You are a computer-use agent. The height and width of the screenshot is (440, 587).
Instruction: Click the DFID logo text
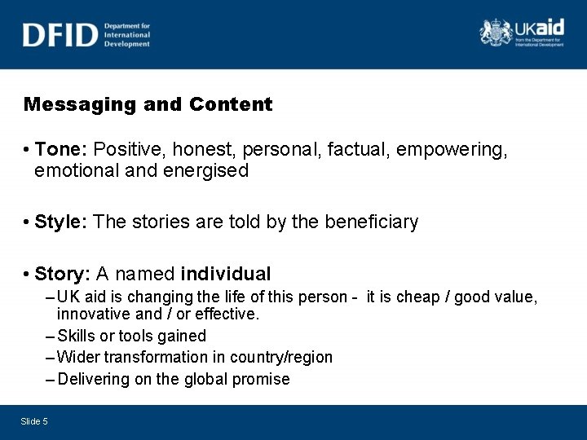click(60, 34)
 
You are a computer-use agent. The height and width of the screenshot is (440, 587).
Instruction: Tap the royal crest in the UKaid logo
click(495, 32)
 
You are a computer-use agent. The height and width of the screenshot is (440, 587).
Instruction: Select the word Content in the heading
click(231, 104)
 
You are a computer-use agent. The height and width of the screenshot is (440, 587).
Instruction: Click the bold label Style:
click(62, 222)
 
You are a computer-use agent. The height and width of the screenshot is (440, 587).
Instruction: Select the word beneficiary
click(372, 222)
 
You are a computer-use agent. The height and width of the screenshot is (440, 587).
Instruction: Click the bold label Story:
click(63, 274)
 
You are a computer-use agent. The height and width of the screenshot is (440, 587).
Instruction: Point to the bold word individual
click(226, 274)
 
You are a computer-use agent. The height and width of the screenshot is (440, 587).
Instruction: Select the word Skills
click(77, 336)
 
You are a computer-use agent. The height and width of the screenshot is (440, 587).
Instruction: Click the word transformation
click(168, 357)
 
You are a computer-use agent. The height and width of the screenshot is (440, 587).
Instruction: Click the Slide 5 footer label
click(34, 421)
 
